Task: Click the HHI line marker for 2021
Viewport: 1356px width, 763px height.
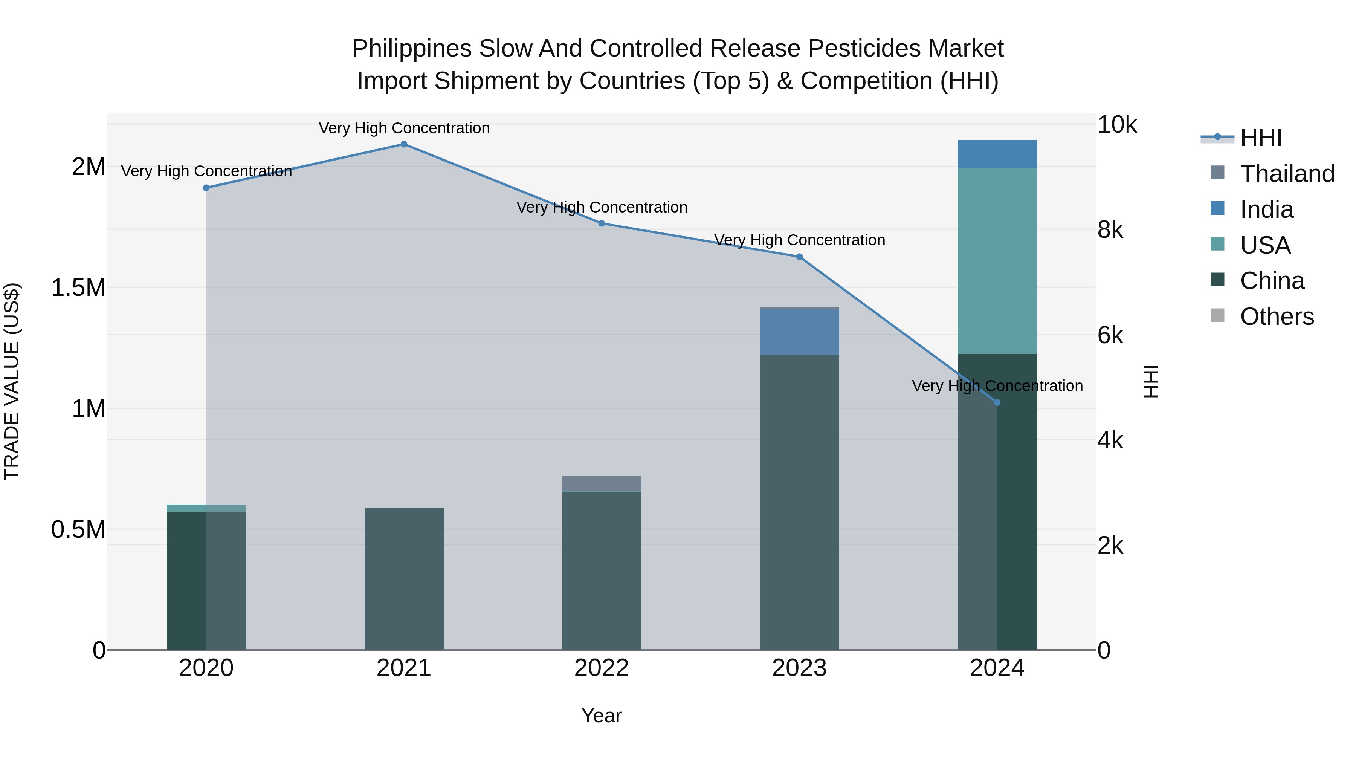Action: pos(404,144)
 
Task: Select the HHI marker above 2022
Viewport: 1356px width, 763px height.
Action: pos(602,223)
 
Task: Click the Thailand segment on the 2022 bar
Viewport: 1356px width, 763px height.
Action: pos(602,484)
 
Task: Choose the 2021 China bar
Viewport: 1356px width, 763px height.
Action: pos(404,579)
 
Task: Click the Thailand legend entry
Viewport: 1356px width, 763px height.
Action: pos(1287,174)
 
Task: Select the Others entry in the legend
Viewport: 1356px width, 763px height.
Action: pos(1277,317)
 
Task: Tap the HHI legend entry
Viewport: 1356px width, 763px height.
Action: pos(1260,138)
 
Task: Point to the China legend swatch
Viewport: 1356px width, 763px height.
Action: pos(1217,280)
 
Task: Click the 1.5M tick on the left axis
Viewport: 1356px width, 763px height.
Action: pos(78,288)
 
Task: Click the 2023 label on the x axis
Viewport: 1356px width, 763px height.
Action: pos(799,668)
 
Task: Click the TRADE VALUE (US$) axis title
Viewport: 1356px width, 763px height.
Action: pos(12,382)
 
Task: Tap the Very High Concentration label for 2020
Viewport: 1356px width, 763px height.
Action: pos(206,171)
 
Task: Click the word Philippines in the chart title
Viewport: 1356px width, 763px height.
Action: pos(412,49)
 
